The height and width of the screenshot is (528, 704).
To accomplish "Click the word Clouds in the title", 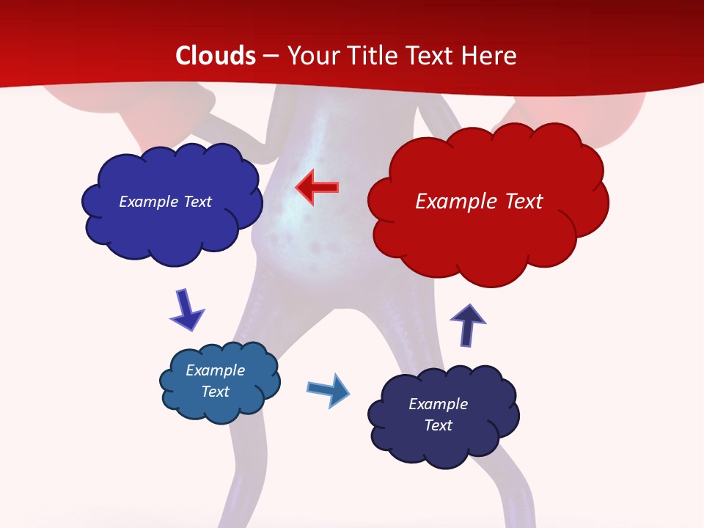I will [216, 56].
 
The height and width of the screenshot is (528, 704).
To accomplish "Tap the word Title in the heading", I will [373, 56].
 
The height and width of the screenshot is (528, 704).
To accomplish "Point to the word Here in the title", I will [490, 56].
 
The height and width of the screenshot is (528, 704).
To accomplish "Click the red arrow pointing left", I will [317, 188].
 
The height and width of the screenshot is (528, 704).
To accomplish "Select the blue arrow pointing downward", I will [186, 309].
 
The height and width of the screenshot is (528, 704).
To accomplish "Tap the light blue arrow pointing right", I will [328, 389].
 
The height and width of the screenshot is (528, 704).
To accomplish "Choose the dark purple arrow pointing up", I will [468, 324].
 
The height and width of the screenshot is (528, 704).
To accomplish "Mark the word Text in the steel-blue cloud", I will [216, 392].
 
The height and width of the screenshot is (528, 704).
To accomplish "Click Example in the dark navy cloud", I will [438, 404].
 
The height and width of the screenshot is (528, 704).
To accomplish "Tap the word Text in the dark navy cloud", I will [438, 425].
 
